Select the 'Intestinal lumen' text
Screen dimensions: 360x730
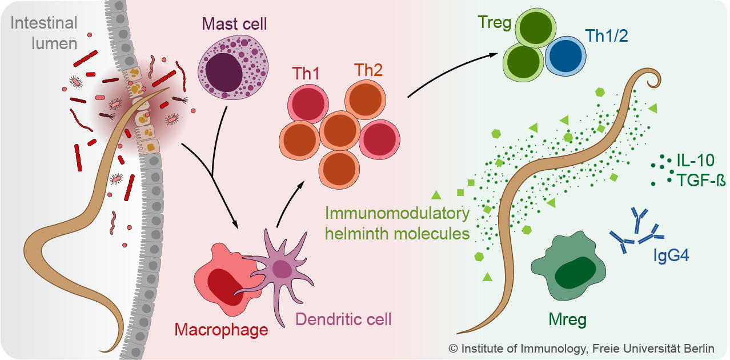[x=44, y=33]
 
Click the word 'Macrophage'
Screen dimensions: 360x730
[x=221, y=330]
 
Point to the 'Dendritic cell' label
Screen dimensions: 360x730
[x=343, y=319]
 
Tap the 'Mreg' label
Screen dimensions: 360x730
[x=567, y=319]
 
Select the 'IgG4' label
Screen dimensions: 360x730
[x=671, y=255]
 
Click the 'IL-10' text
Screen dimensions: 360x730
[x=694, y=161]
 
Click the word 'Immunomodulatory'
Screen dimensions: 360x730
[x=397, y=214]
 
